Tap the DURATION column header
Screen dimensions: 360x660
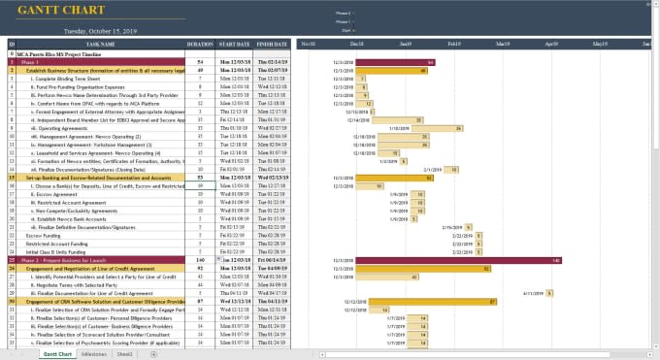199,44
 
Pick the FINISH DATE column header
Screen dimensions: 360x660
273,44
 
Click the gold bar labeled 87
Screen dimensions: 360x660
429,301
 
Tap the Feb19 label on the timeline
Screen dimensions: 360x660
453,44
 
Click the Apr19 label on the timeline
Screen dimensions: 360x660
551,44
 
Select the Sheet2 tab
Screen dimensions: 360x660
125,354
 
